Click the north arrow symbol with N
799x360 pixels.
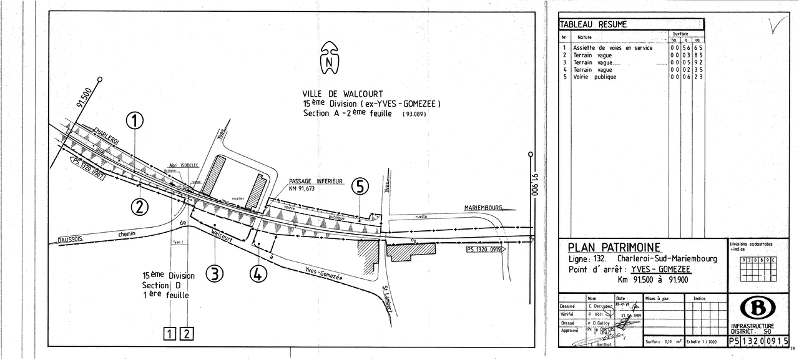coord(329,59)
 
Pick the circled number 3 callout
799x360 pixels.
coord(215,273)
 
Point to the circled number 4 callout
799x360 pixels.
coord(258,273)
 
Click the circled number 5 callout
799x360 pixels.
coord(360,187)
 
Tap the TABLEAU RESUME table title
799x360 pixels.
coord(593,24)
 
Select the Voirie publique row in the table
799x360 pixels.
coord(594,77)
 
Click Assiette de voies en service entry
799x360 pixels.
coord(612,48)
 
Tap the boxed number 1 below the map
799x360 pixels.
coord(170,334)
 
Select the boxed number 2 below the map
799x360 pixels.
coord(187,334)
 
